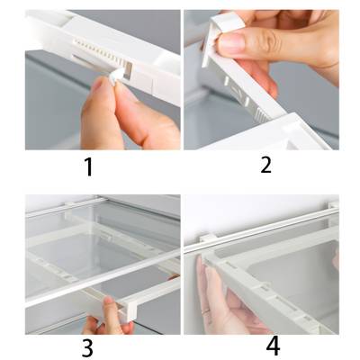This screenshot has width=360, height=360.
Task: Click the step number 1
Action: (88, 167)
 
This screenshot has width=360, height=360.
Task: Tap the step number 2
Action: (265, 165)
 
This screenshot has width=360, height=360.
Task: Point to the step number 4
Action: (273, 346)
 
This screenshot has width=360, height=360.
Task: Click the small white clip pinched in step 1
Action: (116, 76)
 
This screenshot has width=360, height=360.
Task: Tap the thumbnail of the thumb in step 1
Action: (96, 85)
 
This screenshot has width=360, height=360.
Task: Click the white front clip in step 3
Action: (130, 309)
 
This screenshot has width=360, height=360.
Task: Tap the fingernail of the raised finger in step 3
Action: (109, 300)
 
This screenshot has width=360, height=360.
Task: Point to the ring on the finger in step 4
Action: (206, 312)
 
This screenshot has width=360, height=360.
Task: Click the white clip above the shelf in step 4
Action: (207, 238)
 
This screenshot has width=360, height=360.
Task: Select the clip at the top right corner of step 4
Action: (334, 204)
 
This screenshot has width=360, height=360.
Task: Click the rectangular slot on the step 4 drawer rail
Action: (285, 300)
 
